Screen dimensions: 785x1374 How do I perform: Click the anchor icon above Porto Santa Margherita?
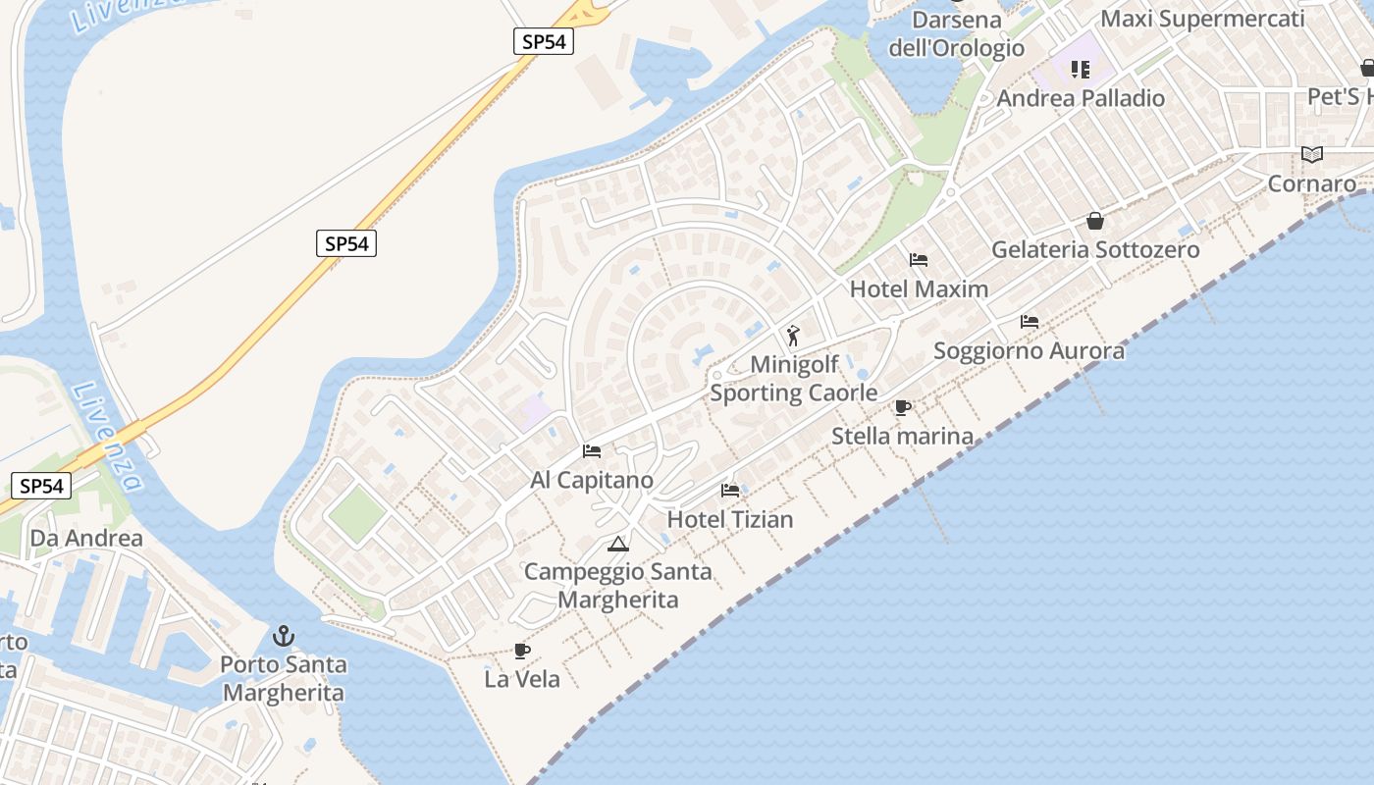tap(284, 636)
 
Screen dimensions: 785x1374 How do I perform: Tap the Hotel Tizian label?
tap(730, 519)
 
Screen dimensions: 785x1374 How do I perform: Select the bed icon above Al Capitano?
tap(592, 451)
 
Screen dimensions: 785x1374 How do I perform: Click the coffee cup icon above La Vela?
tap(522, 651)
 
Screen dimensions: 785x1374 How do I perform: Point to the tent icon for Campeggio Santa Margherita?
tap(617, 544)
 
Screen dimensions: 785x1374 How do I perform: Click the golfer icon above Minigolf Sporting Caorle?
tap(794, 336)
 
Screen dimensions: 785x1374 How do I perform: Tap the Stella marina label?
tap(902, 436)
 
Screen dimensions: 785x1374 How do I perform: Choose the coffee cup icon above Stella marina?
tap(903, 407)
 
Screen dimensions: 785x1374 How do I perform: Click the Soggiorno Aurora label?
tap(1029, 350)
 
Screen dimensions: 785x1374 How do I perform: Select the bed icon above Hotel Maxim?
tap(919, 260)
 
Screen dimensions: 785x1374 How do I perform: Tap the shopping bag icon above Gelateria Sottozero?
tap(1095, 221)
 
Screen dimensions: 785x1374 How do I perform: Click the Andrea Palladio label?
tap(1081, 98)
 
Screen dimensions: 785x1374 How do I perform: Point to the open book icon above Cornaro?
tap(1312, 154)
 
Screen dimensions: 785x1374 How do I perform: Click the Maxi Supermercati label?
tap(1202, 19)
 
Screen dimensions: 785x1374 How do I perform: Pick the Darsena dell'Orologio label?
tap(957, 33)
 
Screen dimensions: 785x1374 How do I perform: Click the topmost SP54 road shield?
tap(543, 41)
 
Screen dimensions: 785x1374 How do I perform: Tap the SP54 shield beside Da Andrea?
tap(42, 485)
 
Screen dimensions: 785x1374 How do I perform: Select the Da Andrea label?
tap(86, 538)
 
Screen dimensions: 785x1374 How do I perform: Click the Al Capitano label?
tap(592, 480)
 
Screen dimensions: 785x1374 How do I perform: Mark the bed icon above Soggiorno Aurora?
tap(1029, 321)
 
